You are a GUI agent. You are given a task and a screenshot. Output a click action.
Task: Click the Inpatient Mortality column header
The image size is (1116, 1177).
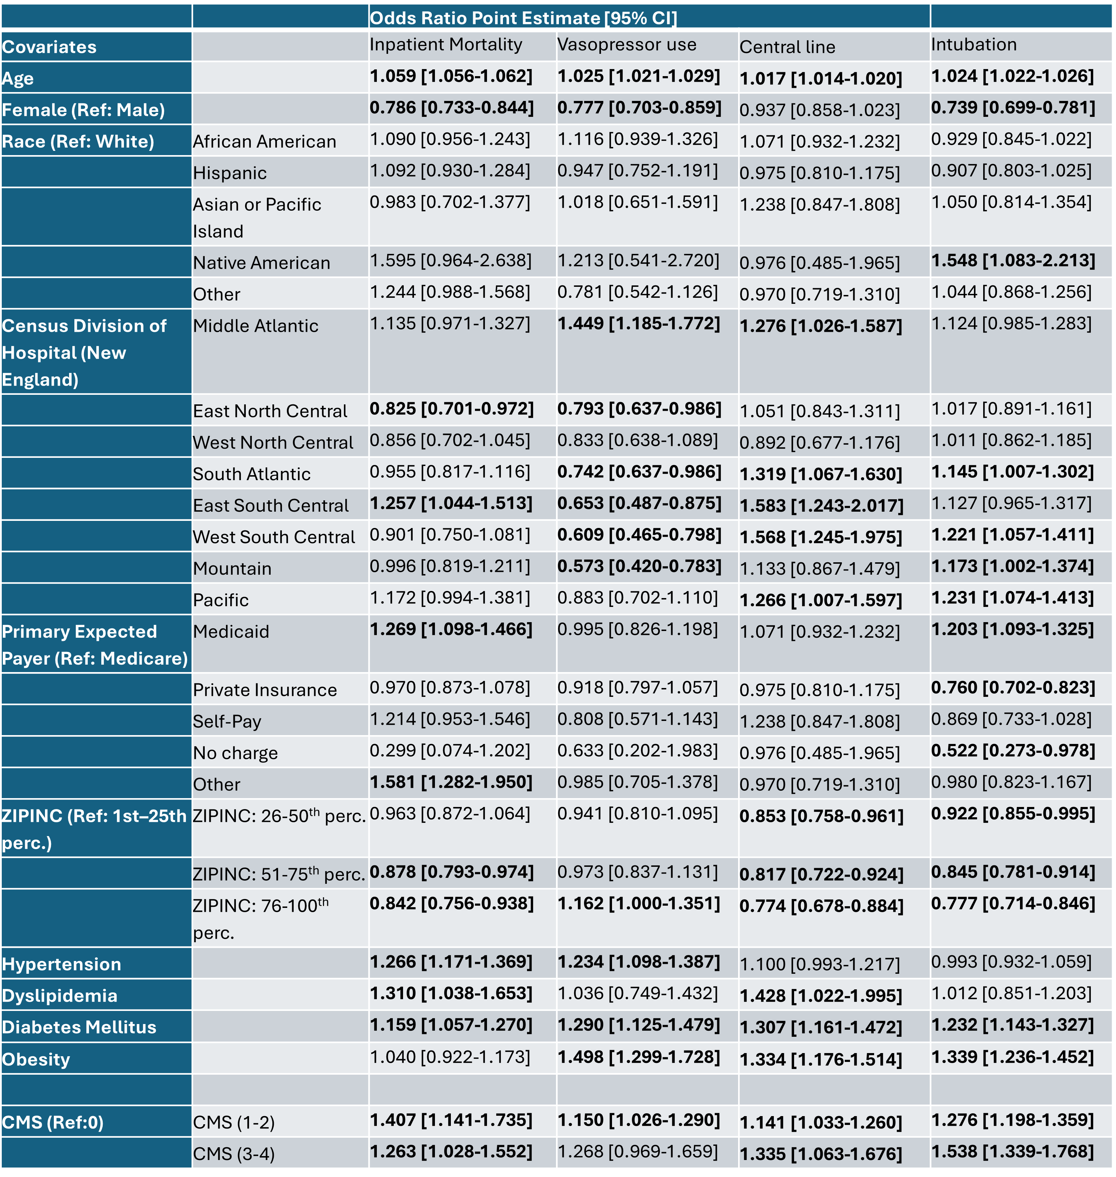pyautogui.click(x=446, y=45)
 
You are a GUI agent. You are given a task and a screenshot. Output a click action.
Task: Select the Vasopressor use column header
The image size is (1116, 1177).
pyautogui.click(x=627, y=45)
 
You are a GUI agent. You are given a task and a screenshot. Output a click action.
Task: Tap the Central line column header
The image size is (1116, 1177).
pyautogui.click(x=787, y=47)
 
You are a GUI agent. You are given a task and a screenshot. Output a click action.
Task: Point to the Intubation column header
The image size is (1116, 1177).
pyautogui.click(x=974, y=45)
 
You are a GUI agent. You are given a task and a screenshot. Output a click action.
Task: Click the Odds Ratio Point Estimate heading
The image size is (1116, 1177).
pyautogui.click(x=523, y=18)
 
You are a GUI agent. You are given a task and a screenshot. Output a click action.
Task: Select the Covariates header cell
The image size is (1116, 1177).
pyautogui.click(x=49, y=47)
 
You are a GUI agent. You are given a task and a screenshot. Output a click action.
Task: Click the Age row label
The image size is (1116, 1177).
pyautogui.click(x=18, y=79)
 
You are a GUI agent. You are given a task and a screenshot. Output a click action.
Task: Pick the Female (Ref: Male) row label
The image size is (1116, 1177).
pyautogui.click(x=83, y=110)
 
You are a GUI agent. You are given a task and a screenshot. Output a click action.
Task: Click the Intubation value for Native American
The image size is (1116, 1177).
pyautogui.click(x=1013, y=261)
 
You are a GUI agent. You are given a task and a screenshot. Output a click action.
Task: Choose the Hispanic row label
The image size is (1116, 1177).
pyautogui.click(x=230, y=173)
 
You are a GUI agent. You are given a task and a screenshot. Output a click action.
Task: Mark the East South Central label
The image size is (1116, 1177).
pyautogui.click(x=271, y=506)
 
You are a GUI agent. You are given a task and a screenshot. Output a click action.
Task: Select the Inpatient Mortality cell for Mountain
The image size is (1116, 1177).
pyautogui.click(x=450, y=566)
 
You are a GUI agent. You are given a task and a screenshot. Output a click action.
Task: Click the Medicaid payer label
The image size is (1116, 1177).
pyautogui.click(x=231, y=632)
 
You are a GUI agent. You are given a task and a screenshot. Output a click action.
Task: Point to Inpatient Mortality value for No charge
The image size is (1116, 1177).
pyautogui.click(x=450, y=751)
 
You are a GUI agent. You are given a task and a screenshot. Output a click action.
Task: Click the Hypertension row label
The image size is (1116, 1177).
pyautogui.click(x=61, y=964)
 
